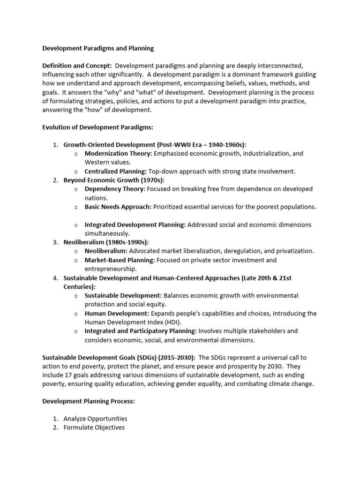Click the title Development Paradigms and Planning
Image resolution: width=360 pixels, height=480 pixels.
98,48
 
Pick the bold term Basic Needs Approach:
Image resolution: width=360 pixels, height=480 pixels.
118,207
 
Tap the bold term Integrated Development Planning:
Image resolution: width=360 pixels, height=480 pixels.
135,225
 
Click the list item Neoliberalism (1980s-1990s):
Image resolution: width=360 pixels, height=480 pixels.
106,242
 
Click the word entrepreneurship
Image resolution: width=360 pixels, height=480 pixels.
110,269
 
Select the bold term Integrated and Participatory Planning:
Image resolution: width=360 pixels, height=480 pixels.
141,331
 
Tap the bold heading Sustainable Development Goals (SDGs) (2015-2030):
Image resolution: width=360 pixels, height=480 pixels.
119,357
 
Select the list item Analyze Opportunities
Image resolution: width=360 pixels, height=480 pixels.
95,419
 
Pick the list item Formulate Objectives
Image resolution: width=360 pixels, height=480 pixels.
94,427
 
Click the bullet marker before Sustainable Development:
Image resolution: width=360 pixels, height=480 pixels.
75,296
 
